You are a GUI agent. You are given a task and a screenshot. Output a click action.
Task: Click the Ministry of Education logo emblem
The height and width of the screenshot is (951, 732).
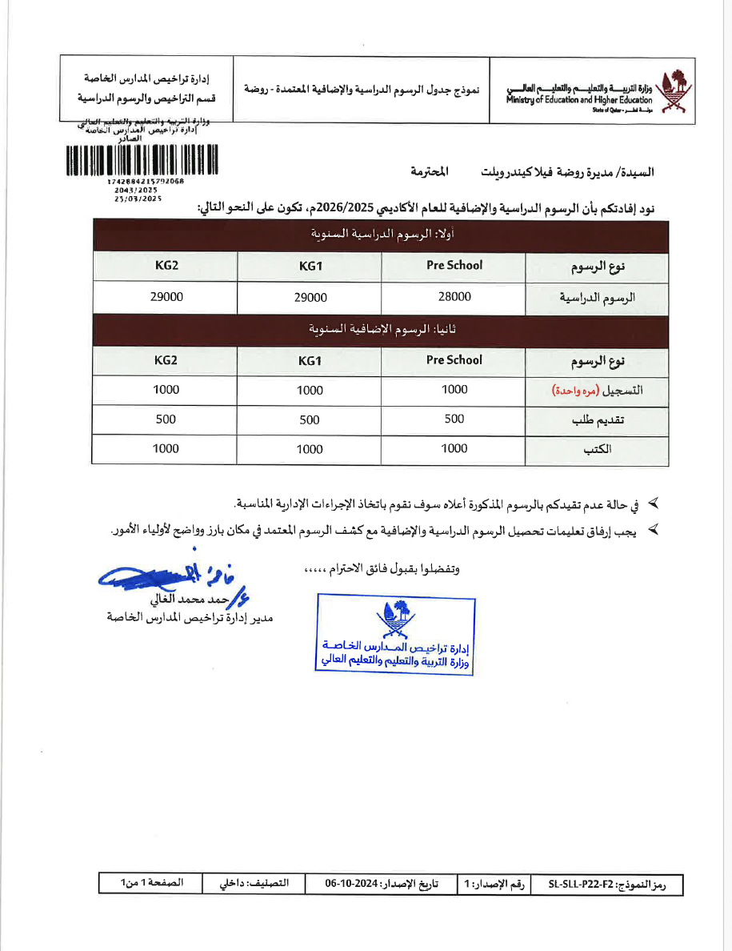(670, 91)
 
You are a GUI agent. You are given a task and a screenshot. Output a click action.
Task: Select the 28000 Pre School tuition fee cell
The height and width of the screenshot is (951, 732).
(454, 296)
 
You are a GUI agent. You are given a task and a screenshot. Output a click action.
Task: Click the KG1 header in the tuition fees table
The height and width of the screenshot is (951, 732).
(310, 267)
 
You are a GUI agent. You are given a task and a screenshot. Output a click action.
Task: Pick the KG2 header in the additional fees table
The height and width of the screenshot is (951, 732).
(166, 360)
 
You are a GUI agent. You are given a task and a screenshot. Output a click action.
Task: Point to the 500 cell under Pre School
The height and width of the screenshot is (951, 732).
(454, 419)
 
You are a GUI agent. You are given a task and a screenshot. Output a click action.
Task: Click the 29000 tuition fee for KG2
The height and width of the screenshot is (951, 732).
(166, 296)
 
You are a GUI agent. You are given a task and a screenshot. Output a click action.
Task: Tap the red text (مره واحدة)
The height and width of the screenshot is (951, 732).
(577, 390)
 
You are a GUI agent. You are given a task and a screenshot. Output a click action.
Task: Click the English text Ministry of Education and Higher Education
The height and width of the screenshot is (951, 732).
(578, 100)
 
